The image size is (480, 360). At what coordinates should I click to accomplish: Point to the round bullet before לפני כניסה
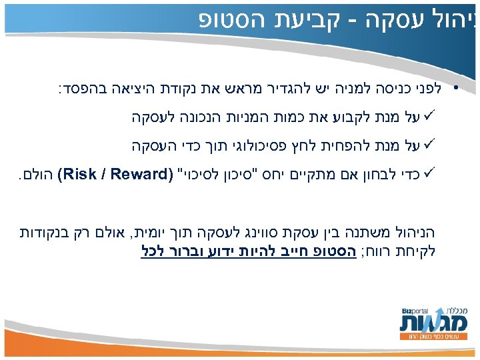point(455,89)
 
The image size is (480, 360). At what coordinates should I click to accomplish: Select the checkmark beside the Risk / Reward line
point(426,175)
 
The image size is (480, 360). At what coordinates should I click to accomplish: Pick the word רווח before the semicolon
point(380,252)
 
